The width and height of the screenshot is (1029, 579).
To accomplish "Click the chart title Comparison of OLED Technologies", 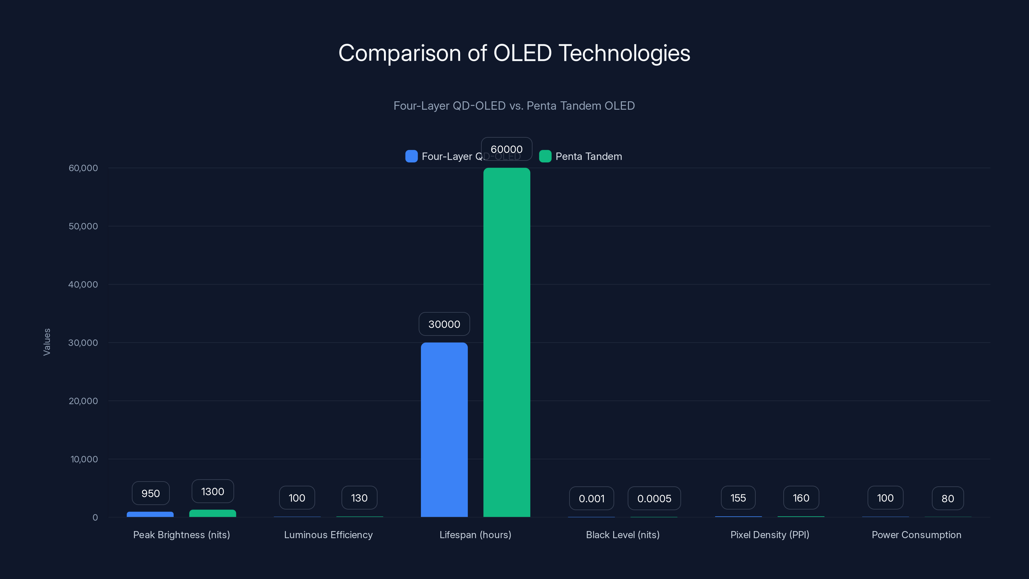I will point(514,53).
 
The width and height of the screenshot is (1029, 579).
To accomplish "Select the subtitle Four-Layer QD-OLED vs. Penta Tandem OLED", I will point(514,106).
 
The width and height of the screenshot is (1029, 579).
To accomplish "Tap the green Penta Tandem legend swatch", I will point(545,156).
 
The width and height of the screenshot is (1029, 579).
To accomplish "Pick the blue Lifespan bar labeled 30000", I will point(444,429).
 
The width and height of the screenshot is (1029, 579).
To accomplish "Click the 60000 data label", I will point(506,149).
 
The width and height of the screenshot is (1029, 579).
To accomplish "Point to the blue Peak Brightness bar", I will point(150,514).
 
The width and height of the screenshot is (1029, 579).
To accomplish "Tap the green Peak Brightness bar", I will point(213,513).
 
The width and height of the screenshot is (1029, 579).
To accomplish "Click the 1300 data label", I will point(213,492).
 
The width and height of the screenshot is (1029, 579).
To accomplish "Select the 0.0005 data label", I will point(654,498).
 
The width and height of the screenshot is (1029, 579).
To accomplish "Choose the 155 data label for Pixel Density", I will point(738,498).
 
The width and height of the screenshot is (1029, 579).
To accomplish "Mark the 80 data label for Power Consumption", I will point(948,498).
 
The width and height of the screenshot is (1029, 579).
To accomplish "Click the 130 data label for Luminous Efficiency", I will point(359,498).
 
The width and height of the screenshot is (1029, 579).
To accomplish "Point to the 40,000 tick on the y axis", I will point(83,284).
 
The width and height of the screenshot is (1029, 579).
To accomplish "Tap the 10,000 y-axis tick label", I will point(84,459).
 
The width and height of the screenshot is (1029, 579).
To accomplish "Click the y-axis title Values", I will point(47,342).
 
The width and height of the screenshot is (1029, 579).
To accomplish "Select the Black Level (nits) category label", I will point(622,535).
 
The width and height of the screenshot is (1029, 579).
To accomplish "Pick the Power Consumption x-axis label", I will point(916,535).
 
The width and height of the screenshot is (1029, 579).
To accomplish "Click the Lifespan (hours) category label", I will point(475,535).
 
